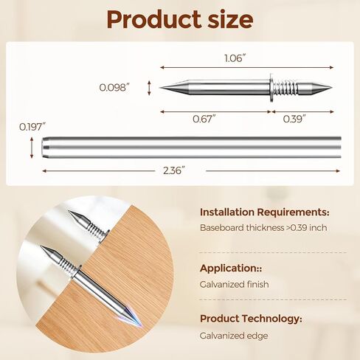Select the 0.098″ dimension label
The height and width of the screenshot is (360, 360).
pos(114,87)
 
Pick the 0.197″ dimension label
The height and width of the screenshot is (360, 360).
pos(32,127)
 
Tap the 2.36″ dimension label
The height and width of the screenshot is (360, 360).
pos(174,170)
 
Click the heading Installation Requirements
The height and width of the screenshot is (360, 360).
pos(265,212)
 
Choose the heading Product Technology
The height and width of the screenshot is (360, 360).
pos(251,319)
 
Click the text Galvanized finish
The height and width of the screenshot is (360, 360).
pos(235,284)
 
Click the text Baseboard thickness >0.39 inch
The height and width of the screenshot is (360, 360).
pos(263,228)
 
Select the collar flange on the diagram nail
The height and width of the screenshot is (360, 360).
pos(273,88)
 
